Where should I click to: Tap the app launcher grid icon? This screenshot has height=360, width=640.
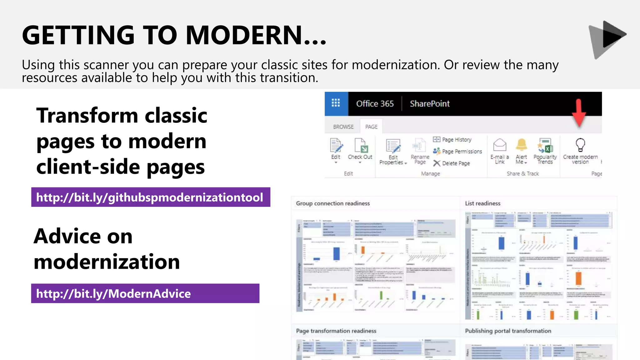[336, 103]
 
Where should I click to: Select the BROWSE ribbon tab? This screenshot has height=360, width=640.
[343, 127]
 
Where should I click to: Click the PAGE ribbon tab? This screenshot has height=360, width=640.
[371, 127]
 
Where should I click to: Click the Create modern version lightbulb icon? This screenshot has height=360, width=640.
[580, 145]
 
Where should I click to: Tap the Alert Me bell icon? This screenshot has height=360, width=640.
[521, 145]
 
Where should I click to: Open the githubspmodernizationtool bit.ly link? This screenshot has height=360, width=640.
[150, 197]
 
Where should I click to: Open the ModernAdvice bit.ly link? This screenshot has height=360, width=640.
[113, 294]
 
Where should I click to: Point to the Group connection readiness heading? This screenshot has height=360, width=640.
[333, 203]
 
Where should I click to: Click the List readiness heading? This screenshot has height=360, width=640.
[482, 203]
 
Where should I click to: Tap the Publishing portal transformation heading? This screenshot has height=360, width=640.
[508, 331]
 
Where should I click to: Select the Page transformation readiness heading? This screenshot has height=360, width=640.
[336, 331]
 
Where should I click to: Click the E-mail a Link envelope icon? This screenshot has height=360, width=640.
[499, 145]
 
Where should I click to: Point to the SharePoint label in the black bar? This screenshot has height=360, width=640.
[429, 104]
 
